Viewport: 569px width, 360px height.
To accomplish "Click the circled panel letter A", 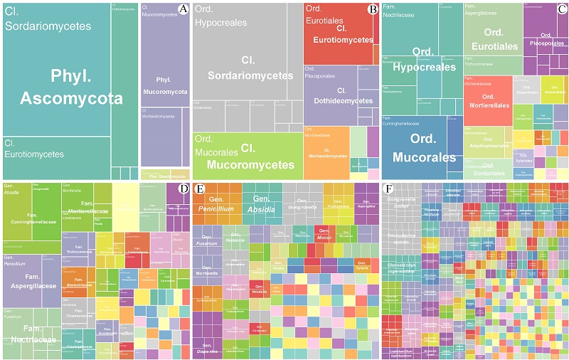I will click(183, 9).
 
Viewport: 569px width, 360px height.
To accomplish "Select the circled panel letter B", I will click(372, 9).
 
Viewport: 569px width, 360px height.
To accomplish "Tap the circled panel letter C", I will click(562, 9).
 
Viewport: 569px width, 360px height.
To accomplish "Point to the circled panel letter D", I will click(183, 189).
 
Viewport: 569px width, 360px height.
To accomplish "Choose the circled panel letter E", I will click(200, 189).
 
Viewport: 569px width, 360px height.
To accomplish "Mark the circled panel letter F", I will click(388, 189).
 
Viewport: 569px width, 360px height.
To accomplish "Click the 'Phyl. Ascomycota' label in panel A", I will click(71, 88).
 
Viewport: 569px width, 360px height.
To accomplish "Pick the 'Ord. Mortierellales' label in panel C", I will click(488, 100).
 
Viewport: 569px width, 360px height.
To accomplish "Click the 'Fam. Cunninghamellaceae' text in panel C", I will click(405, 122).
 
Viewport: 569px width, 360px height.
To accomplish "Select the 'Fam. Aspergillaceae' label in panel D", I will click(31, 282).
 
